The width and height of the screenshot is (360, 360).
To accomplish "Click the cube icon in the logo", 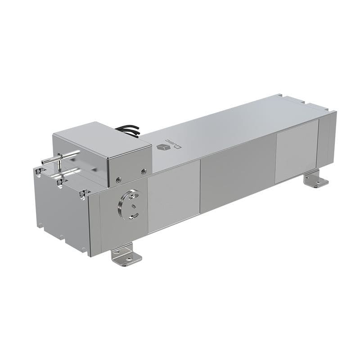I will coord(161,147).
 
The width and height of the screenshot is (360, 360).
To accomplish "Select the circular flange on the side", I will coord(129,205).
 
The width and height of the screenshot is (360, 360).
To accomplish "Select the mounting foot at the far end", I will coord(316,180).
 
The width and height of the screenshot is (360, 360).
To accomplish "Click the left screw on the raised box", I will coord(118,180).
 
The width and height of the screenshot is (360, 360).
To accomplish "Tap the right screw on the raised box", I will coord(144,171).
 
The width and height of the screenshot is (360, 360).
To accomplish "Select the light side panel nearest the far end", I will coord(297,151).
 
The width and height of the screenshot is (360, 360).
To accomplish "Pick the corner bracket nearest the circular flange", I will coord(83,194).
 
